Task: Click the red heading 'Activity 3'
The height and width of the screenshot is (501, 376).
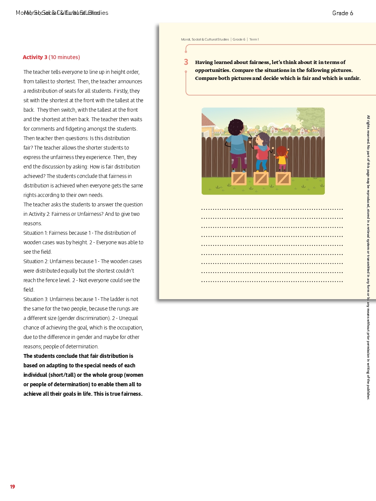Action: [35, 57]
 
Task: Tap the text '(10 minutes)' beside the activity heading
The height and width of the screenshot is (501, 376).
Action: [64, 57]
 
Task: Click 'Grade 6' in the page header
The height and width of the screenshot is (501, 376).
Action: [343, 13]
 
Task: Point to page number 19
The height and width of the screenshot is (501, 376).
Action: [13, 487]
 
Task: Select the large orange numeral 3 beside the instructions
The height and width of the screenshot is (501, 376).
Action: [186, 62]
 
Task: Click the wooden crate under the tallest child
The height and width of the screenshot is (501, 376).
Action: [239, 178]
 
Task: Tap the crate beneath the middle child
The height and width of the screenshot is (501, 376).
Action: [261, 178]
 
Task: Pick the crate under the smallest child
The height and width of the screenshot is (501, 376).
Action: [283, 178]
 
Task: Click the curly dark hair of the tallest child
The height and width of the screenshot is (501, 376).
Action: [236, 126]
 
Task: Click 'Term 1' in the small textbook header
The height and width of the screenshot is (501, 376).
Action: [254, 39]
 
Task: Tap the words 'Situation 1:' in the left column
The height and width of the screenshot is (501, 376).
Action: [36, 233]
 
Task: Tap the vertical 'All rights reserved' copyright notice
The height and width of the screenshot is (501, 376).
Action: [368, 258]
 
